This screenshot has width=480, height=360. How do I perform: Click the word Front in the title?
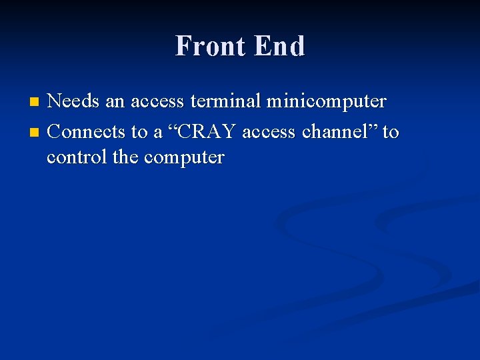209,46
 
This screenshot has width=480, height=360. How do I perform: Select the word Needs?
73,101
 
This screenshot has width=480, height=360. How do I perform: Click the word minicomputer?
326,102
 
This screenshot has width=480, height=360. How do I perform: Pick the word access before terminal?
157,102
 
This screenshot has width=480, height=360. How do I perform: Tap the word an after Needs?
115,102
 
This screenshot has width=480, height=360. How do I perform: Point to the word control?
72,158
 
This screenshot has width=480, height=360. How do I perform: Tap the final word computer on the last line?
184,159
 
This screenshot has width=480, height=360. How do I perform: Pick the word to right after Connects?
139,132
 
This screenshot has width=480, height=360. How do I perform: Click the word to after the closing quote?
391,132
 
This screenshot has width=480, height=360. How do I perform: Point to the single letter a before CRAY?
158,133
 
